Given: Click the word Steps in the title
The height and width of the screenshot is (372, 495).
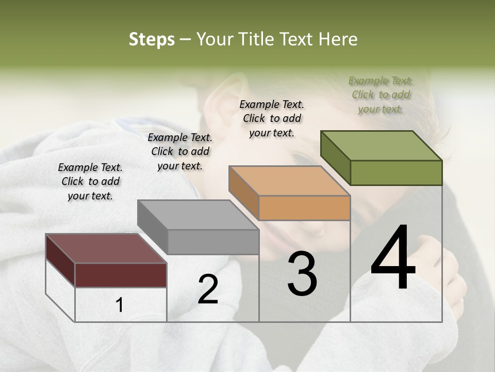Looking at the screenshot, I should pos(152,39).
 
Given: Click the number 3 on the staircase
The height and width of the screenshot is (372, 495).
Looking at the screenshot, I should pos(302,274).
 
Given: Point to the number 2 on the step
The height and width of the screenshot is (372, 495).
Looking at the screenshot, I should pos(208,289).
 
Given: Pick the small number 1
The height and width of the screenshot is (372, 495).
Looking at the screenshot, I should pos(120,305).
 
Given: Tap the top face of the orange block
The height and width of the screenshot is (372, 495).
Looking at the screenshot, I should pos(289,181).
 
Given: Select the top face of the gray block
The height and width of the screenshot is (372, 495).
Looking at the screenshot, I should pos(198,215).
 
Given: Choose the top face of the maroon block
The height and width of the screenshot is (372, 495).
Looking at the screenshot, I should pos(106,249).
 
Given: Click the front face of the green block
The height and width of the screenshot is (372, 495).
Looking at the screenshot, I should pos(396,173).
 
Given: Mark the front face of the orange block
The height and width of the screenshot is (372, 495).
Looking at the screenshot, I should pos(304,208).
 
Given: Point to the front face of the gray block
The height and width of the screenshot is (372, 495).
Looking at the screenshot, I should pos(213,242).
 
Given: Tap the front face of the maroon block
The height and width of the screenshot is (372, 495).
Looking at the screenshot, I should pos(121,275).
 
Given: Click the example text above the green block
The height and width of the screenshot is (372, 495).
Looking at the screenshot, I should pos(381,95).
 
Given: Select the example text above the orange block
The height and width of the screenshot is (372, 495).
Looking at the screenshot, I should pos(272,118).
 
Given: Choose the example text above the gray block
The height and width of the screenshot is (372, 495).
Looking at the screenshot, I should pos(180,151).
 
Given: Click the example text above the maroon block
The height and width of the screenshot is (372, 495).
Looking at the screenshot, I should pos(90,181).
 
